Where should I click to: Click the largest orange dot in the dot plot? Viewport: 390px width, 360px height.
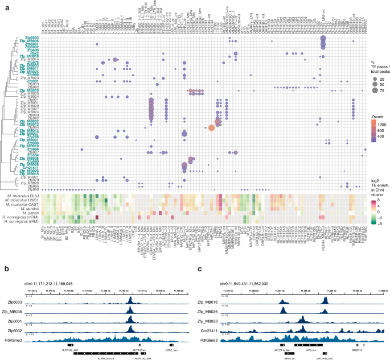211,127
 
